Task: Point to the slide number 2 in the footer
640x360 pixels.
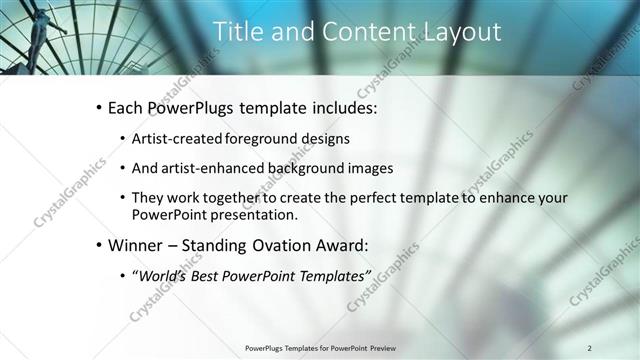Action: pyautogui.click(x=590, y=348)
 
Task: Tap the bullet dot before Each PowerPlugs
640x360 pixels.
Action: pyautogui.click(x=98, y=107)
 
